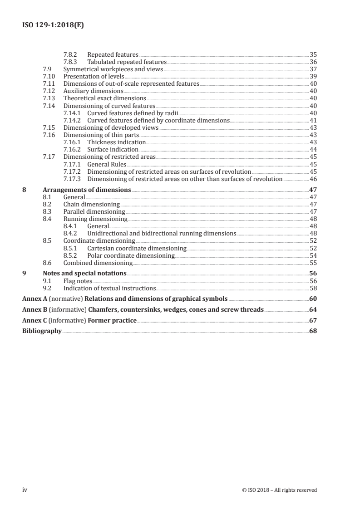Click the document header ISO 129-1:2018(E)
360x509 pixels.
tap(53, 26)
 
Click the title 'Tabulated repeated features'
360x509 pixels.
tap(127, 62)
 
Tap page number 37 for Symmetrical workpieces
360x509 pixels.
tap(313, 69)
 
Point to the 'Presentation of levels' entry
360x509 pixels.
tap(94, 77)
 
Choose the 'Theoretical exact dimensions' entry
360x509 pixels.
tap(104, 98)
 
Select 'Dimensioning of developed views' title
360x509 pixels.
tap(111, 127)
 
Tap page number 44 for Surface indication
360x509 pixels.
tap(313, 149)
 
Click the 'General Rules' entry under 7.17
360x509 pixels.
tap(107, 164)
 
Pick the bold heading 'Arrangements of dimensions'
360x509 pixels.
tap(87, 190)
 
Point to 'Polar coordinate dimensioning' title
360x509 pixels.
tap(131, 255)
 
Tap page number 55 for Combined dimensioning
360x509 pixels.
tap(313, 263)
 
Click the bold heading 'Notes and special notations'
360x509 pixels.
tap(84, 273)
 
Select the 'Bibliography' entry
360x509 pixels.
tap(42, 331)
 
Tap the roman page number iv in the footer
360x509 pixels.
tap(25, 489)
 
